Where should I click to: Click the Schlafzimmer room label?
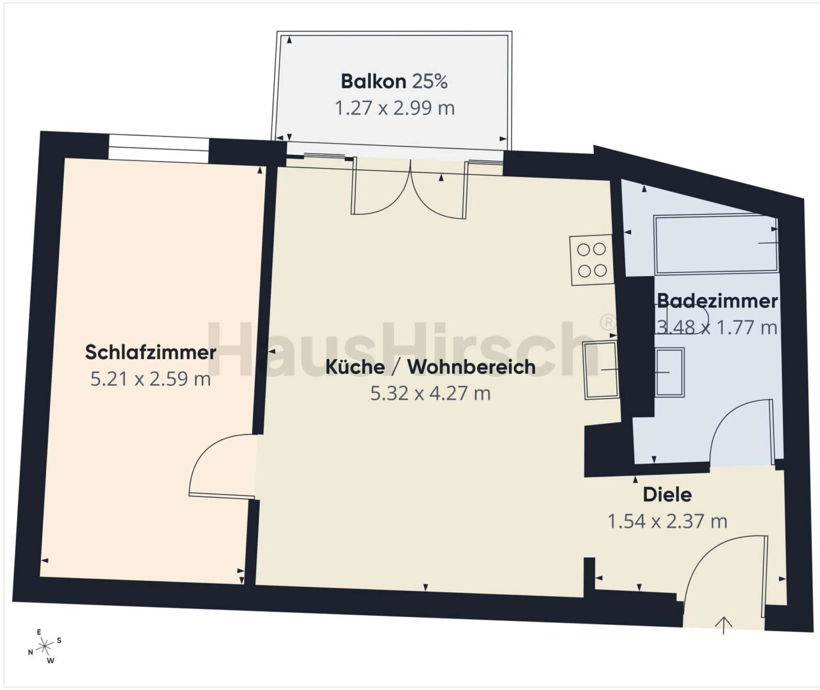[151, 353]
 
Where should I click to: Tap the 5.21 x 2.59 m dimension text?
[151, 379]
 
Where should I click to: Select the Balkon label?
[374, 81]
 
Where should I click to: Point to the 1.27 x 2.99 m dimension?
[395, 108]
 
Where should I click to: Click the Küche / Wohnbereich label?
[430, 367]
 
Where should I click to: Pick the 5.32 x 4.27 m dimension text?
[430, 394]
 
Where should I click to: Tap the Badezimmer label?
[718, 301]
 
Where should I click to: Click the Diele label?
[667, 494]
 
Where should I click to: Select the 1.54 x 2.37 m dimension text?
[667, 521]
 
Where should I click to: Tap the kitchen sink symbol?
[601, 370]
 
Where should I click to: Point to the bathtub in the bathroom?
[716, 243]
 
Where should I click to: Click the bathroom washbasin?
[669, 372]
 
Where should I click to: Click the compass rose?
[45, 645]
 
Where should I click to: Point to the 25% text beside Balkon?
[429, 81]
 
